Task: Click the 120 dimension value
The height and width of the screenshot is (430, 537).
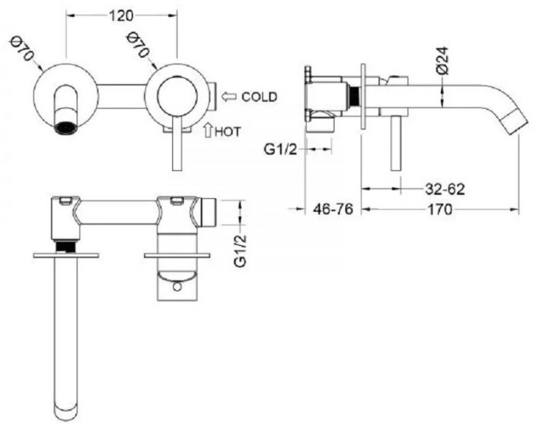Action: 121,15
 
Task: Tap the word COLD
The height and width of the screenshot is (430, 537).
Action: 259,97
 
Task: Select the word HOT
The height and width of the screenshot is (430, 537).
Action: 228,132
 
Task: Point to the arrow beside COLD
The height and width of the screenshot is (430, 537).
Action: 228,96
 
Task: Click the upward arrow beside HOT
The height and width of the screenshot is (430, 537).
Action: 207,131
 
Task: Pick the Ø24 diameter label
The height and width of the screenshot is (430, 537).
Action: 442,60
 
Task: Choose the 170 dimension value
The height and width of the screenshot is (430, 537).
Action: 440,209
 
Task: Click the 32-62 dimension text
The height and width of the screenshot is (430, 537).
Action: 445,189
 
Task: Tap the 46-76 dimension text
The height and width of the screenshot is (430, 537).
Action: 333,209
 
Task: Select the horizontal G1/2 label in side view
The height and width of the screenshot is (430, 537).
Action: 280,149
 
